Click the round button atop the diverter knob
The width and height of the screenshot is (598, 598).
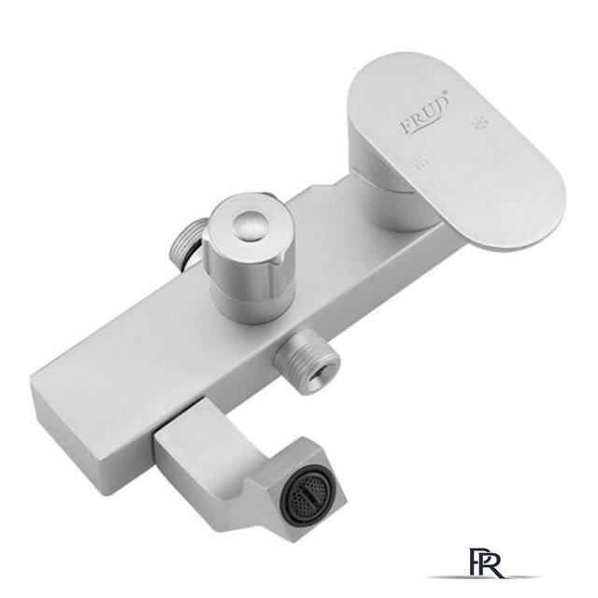click(x=248, y=226)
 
